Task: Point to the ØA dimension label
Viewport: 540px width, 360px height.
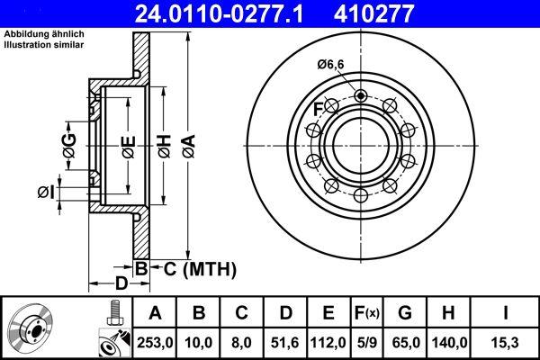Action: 188,144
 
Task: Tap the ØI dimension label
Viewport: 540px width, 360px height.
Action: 47,191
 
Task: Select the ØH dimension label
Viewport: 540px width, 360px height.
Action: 165,145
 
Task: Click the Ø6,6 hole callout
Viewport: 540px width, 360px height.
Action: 331,64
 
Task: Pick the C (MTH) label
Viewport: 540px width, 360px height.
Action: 194,267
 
